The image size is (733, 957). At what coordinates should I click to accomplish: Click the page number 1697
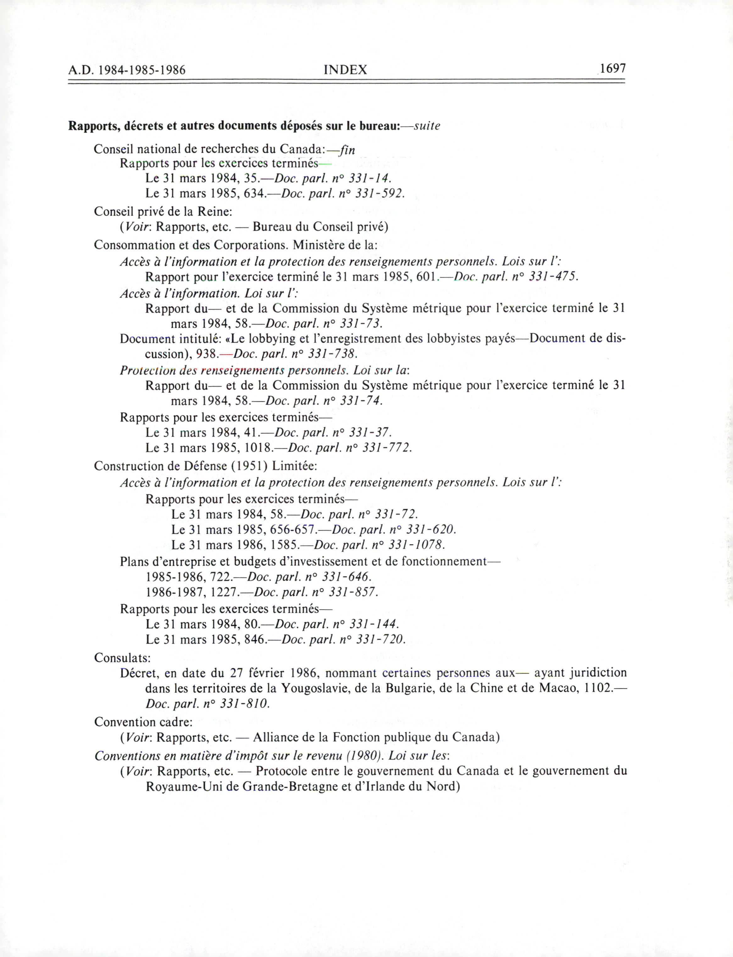click(x=613, y=69)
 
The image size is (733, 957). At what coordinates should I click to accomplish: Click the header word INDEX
click(x=345, y=70)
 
